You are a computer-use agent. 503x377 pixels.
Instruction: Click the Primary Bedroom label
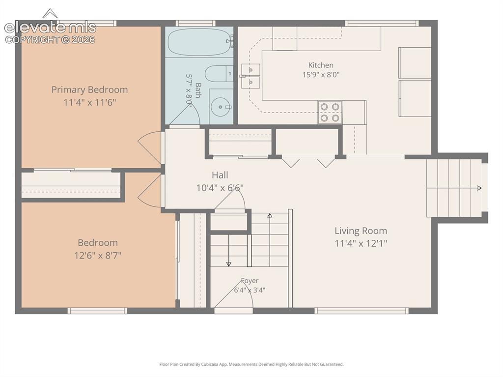[89, 89]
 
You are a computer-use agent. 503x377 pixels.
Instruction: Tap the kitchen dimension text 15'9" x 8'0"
[321, 75]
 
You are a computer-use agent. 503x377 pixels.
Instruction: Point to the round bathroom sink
[221, 107]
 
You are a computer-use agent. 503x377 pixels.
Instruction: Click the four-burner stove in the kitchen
[330, 113]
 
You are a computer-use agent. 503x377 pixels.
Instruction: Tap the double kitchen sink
[251, 76]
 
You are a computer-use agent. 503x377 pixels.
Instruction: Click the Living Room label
[361, 231]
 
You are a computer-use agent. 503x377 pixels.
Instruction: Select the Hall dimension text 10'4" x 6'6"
[220, 188]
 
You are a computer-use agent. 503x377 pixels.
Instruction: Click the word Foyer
[250, 281]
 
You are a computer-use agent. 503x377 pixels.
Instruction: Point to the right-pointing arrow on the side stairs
[454, 188]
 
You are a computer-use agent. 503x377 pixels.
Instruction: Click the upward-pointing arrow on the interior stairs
[270, 240]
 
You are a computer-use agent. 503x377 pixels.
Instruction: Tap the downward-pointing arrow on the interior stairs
[229, 251]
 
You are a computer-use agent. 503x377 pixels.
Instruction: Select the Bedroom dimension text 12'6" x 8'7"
[98, 256]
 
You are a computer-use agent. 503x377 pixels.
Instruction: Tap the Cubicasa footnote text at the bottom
[251, 364]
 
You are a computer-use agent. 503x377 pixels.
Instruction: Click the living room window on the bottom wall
[362, 311]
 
